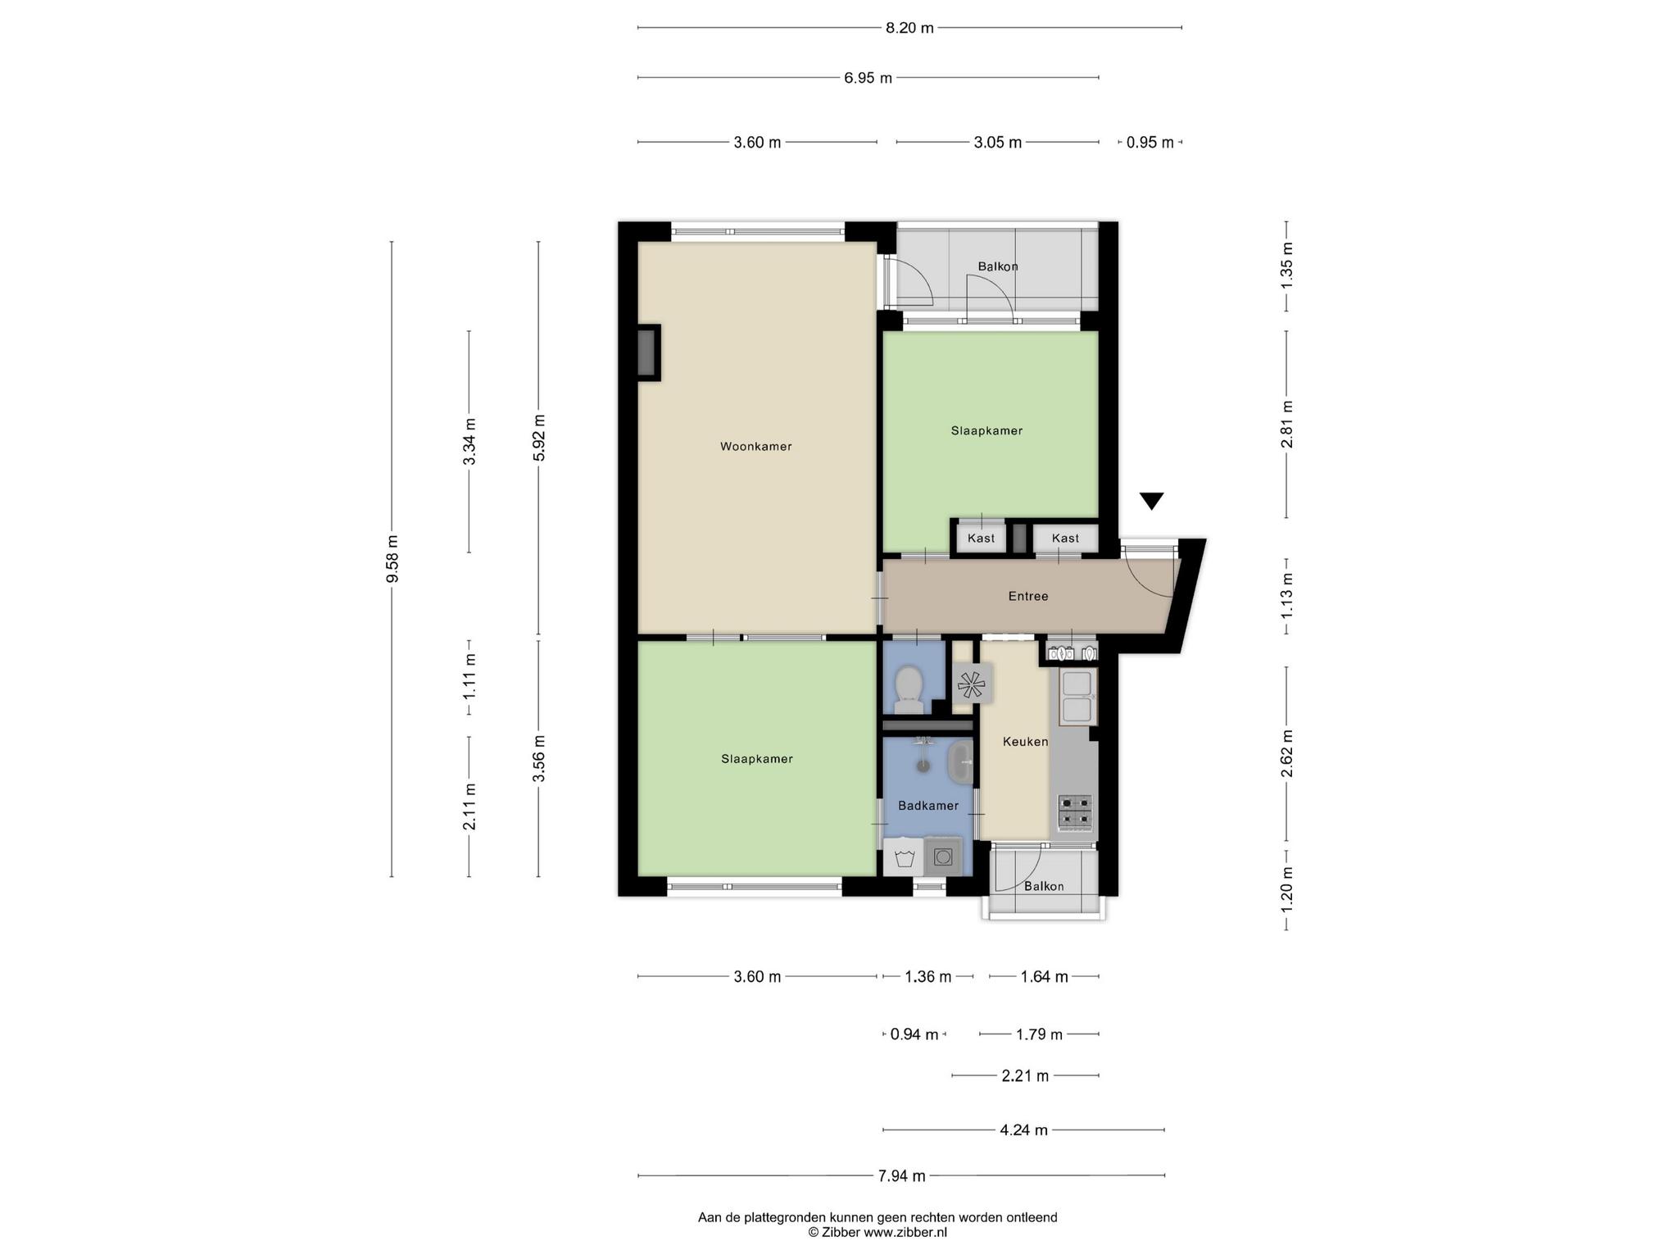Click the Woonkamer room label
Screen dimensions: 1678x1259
point(755,447)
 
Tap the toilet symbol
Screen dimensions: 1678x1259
point(908,690)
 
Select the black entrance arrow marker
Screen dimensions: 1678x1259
point(1152,501)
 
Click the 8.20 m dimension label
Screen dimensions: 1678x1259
point(909,28)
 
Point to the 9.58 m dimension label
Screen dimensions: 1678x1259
point(392,559)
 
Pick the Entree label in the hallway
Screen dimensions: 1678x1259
point(1028,597)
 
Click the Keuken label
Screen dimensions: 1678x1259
point(1025,742)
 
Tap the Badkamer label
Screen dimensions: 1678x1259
point(928,806)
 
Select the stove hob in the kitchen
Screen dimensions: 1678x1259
point(1075,811)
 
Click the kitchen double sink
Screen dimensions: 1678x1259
point(1077,697)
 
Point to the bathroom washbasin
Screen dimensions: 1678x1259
point(959,761)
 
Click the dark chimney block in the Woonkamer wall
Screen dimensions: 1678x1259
point(648,352)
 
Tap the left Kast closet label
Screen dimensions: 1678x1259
point(981,539)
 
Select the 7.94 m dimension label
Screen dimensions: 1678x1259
point(901,1176)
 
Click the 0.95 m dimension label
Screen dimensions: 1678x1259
point(1150,143)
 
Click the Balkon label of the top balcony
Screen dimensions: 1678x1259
point(998,266)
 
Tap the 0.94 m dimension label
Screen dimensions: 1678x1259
point(914,1034)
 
